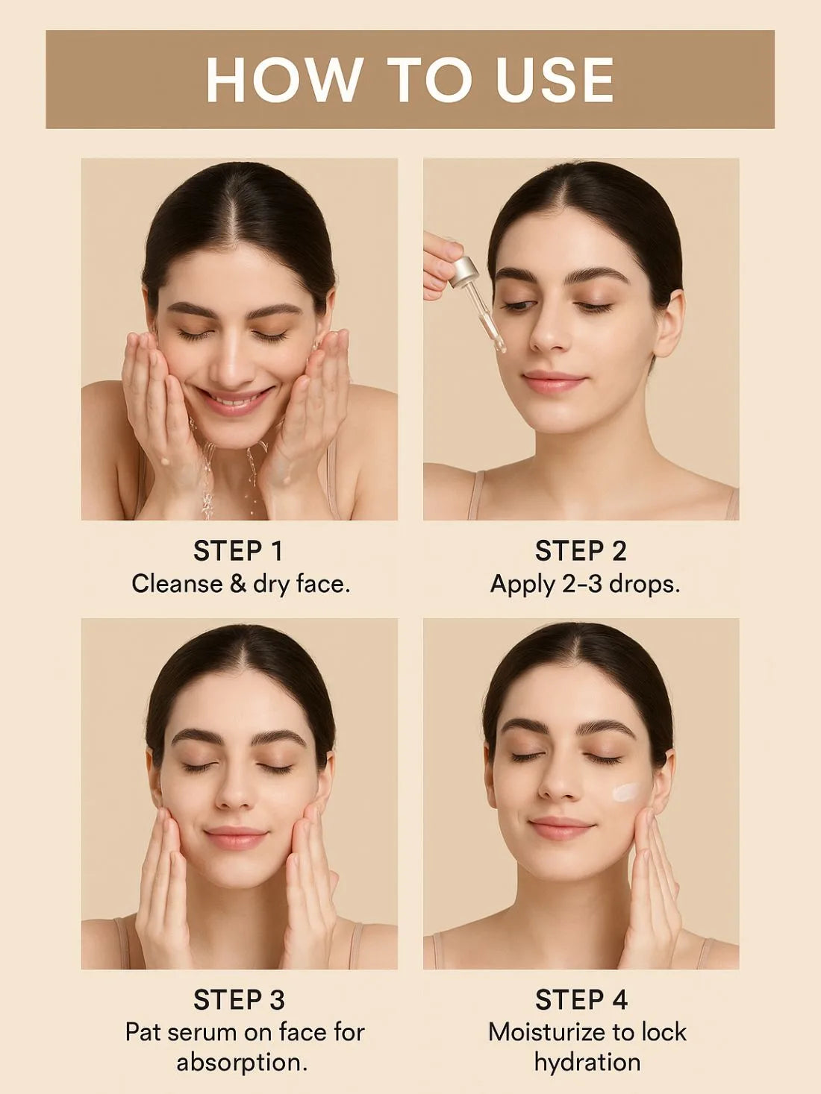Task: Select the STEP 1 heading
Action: [238, 551]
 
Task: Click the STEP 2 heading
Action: [581, 551]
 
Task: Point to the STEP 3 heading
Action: [238, 1000]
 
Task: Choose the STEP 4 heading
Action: [581, 1000]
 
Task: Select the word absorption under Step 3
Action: [242, 1062]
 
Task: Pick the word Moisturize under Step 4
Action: [546, 1032]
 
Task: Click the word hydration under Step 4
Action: [587, 1062]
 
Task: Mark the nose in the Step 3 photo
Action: [235, 797]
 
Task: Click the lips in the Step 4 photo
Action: [561, 827]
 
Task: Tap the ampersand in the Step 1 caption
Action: [238, 583]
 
